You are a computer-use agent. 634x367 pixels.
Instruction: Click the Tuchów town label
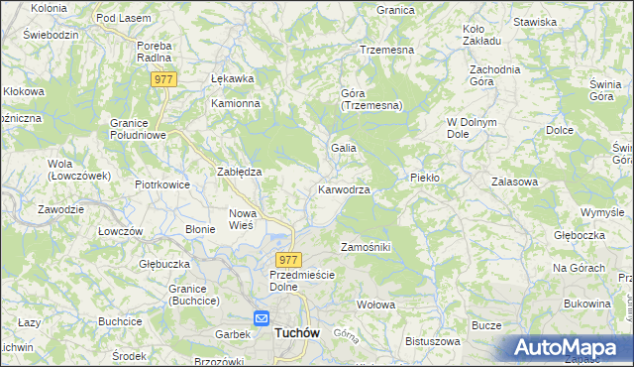click(x=297, y=334)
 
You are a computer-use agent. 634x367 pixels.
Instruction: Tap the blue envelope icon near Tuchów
click(x=262, y=318)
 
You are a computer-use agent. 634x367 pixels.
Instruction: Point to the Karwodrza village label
click(x=344, y=189)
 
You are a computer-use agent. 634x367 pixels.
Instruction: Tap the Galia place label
click(x=344, y=148)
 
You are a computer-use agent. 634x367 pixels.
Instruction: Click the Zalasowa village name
click(x=514, y=183)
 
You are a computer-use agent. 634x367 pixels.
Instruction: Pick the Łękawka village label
click(x=234, y=79)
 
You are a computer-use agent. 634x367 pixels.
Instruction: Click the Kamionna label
click(x=235, y=103)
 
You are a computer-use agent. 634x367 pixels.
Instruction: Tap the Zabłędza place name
click(x=239, y=172)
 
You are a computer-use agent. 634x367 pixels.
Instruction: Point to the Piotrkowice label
click(x=161, y=184)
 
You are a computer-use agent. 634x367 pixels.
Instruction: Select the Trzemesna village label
click(x=386, y=49)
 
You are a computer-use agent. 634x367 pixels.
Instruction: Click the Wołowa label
click(x=375, y=305)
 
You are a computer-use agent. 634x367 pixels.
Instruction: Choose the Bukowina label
click(x=585, y=303)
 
